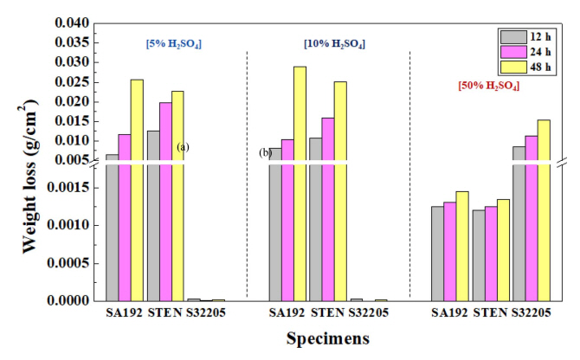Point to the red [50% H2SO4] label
(x=488, y=87)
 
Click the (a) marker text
(x=183, y=147)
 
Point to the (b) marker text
(x=265, y=153)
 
